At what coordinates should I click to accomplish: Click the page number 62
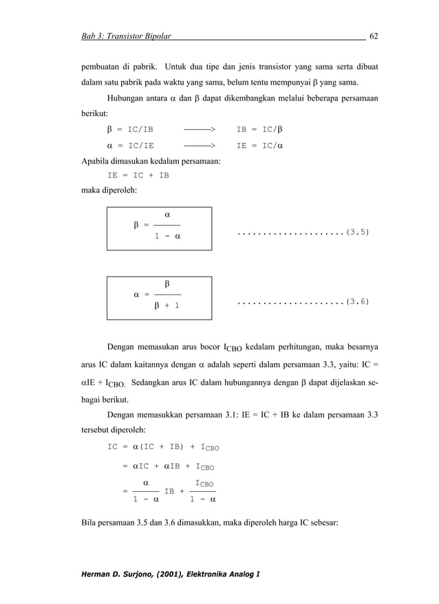[x=374, y=36]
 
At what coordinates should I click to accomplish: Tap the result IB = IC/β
[x=259, y=129]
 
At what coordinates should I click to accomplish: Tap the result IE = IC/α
[x=259, y=146]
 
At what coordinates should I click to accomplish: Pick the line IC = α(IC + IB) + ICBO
[x=163, y=447]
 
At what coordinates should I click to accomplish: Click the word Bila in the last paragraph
[x=89, y=521]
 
